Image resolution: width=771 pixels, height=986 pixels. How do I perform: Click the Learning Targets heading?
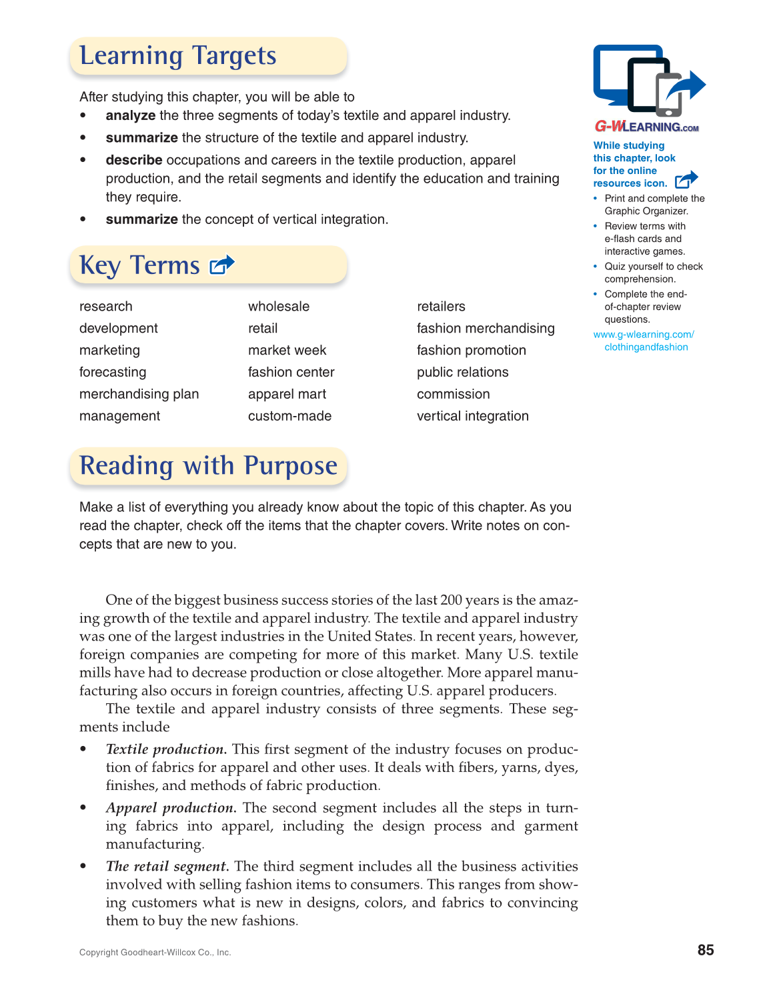tap(178, 56)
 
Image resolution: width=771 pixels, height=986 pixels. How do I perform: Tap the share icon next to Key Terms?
tap(222, 265)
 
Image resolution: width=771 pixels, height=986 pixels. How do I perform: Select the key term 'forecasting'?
tap(113, 372)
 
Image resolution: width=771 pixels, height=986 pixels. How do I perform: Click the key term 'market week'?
tap(287, 350)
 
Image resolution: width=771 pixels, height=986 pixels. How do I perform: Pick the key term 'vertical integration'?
tap(472, 416)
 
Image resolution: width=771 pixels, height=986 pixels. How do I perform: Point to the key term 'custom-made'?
tap(289, 416)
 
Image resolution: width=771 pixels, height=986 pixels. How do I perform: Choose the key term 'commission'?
tap(453, 394)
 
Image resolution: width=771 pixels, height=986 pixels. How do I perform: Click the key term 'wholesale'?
tap(279, 306)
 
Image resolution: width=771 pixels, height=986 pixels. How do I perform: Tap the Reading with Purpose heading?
tap(208, 465)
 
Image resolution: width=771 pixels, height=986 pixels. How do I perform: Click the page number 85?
tap(706, 950)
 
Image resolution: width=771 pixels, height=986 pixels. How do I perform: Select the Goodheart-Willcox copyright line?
tap(155, 953)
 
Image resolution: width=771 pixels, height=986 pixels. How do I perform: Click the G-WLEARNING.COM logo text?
tap(646, 127)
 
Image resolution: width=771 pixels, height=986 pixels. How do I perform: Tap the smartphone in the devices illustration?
tap(669, 95)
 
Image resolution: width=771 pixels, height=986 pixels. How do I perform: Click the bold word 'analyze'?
tap(131, 115)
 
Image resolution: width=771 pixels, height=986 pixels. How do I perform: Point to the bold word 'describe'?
tap(134, 160)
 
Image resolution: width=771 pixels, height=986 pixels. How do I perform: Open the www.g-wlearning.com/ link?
tap(644, 335)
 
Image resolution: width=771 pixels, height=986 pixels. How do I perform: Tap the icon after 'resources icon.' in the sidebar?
tap(686, 180)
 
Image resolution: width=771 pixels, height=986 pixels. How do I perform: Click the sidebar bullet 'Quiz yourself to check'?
tap(654, 267)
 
